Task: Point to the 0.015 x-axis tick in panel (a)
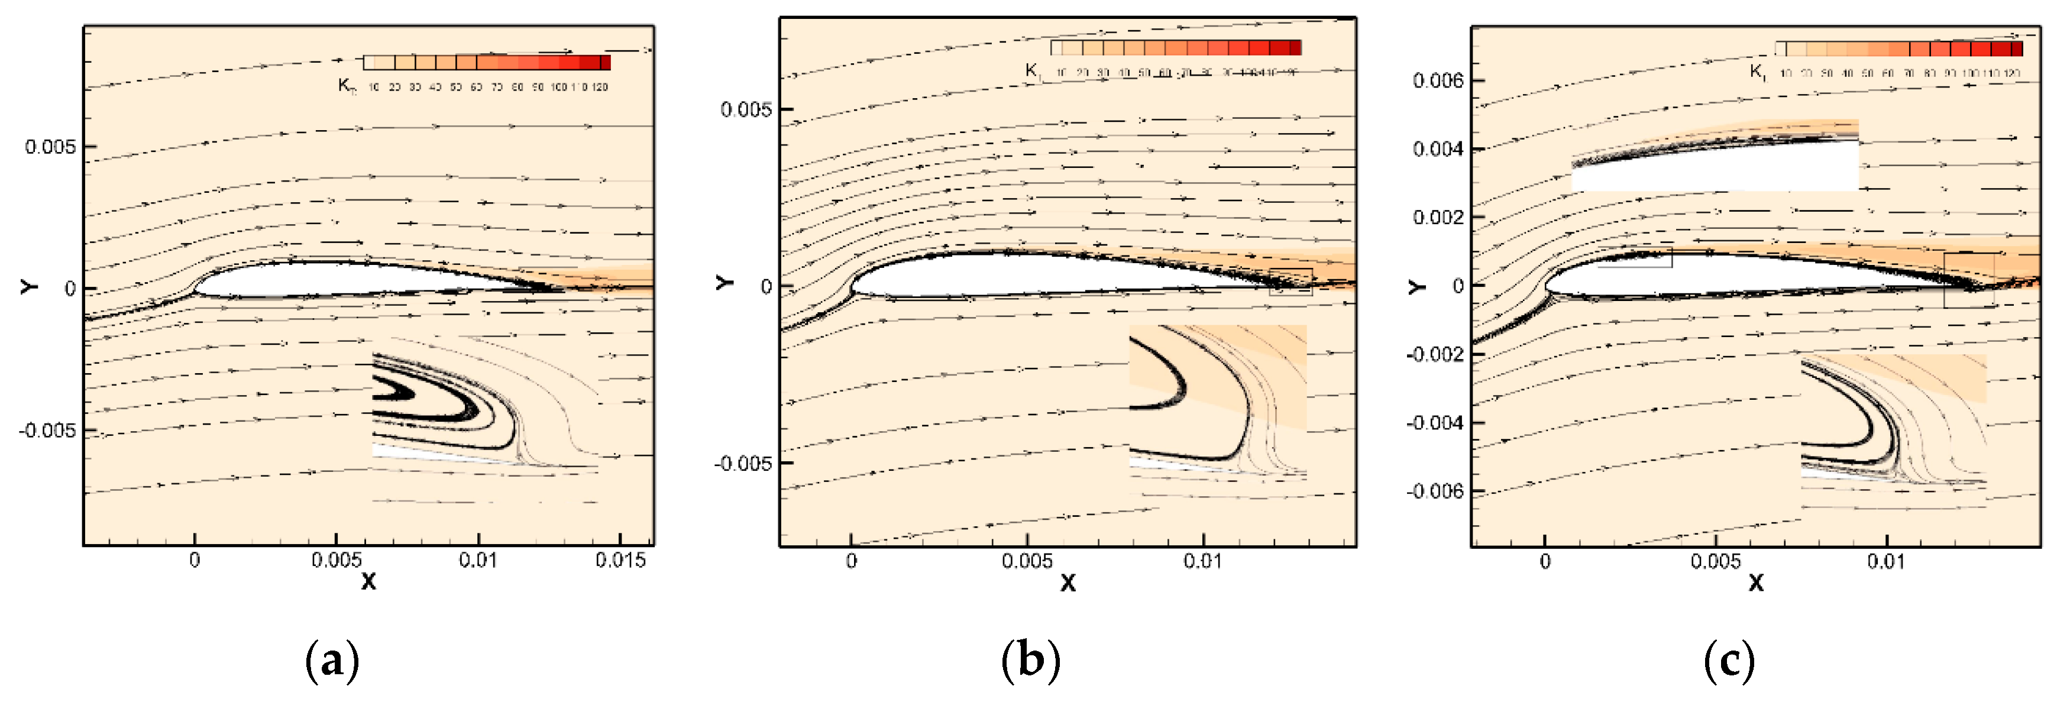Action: [620, 560]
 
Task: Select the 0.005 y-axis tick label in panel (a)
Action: [50, 147]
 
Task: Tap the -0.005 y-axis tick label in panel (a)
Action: [47, 431]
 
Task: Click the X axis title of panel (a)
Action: [368, 581]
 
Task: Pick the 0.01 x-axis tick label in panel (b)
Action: [1203, 561]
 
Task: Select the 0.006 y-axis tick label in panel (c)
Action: [1438, 80]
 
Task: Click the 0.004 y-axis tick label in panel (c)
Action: [1438, 148]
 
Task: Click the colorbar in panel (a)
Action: [487, 63]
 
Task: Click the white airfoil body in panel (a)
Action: [338, 279]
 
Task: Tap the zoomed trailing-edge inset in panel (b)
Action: [1217, 402]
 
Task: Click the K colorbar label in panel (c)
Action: [1757, 72]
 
